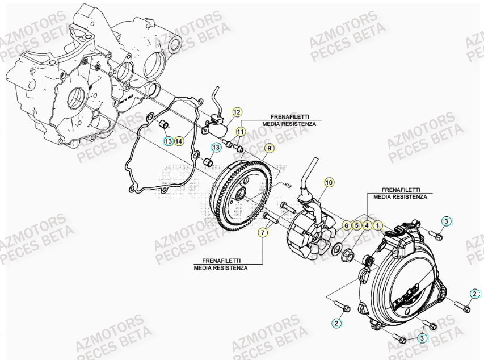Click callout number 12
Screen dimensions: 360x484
pos(237,112)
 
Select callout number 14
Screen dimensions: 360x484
pos(179,140)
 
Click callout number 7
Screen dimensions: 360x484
pos(263,232)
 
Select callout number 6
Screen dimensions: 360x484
pos(346,225)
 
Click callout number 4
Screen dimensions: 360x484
pos(368,225)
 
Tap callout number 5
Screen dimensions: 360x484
pos(357,225)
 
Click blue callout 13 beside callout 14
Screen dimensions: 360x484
pos(168,140)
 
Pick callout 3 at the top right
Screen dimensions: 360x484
pos(446,221)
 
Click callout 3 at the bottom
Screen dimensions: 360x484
pos(422,338)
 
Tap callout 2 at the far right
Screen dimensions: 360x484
pos(474,293)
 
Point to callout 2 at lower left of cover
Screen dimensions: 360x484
pos(336,323)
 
